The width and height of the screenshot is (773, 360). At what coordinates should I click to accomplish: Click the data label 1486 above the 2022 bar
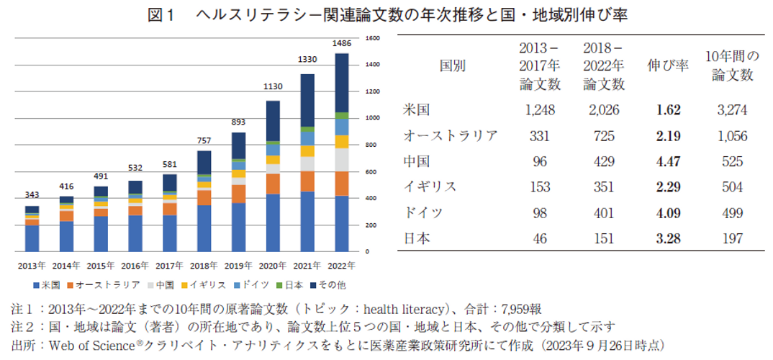[341, 44]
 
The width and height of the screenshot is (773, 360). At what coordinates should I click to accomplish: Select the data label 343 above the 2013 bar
[32, 196]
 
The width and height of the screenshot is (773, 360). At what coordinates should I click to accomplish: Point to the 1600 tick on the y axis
[373, 37]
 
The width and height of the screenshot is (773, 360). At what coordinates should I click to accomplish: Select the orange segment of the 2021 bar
[307, 181]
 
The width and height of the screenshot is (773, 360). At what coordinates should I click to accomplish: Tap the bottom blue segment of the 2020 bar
[273, 222]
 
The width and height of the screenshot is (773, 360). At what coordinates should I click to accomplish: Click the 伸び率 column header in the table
[668, 66]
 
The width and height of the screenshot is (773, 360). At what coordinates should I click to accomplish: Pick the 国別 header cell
[453, 66]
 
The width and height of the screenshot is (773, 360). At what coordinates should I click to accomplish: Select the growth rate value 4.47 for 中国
[668, 161]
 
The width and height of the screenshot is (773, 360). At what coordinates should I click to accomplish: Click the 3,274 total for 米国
[732, 110]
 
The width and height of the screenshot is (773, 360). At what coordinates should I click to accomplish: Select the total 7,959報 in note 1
[516, 310]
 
